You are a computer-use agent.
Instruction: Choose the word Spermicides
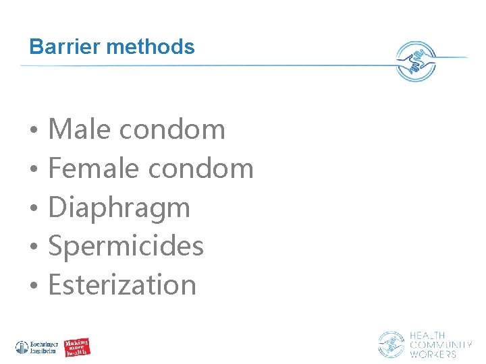(126, 246)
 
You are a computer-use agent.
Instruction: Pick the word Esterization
(122, 284)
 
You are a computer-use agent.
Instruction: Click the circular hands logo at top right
(415, 61)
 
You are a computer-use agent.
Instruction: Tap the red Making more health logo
(78, 348)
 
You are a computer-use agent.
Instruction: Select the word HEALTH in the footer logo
(427, 336)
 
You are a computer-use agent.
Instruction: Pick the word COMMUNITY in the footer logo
(441, 345)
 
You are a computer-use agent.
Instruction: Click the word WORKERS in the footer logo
(433, 354)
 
